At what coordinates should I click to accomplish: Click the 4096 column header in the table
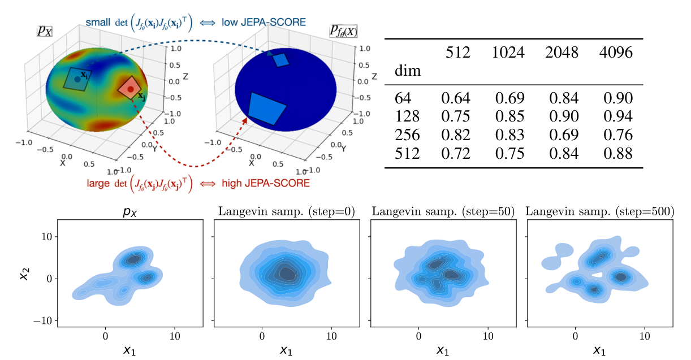(x=617, y=53)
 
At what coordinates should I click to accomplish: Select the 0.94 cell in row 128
(x=617, y=117)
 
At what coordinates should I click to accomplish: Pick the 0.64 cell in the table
(x=456, y=99)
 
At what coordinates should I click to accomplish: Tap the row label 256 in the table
(x=408, y=135)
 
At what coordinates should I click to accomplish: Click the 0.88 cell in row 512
(x=617, y=153)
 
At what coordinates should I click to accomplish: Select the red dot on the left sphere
(x=131, y=89)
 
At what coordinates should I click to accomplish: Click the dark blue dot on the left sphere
(x=77, y=79)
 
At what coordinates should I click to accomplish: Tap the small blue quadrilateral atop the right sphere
(x=280, y=60)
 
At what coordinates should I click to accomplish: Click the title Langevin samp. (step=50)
(x=443, y=212)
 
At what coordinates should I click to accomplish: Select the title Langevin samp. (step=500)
(x=600, y=212)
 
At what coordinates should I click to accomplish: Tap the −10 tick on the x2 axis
(x=43, y=320)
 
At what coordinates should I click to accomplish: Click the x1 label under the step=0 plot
(x=286, y=350)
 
